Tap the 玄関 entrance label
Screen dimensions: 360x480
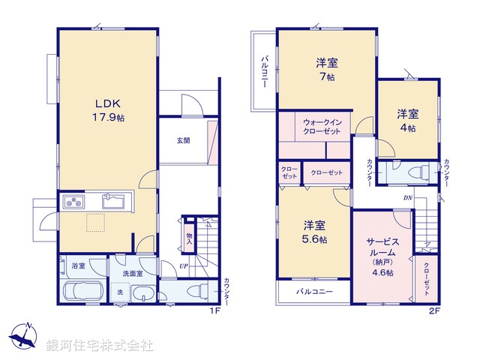[x=183, y=140]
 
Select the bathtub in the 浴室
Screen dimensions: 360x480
[x=83, y=292]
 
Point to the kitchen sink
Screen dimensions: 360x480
[x=113, y=201]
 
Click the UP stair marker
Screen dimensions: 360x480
[x=182, y=265]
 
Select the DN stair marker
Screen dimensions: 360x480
[x=407, y=197]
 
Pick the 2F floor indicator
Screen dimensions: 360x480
[x=433, y=310]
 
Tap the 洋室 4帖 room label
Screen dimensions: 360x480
[x=408, y=120]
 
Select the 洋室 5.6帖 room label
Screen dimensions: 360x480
[x=314, y=232]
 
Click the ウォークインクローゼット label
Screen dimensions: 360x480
[x=322, y=126]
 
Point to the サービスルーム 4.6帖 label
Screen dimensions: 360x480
[x=382, y=257]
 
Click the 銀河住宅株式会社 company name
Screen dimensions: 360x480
[x=99, y=346]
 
